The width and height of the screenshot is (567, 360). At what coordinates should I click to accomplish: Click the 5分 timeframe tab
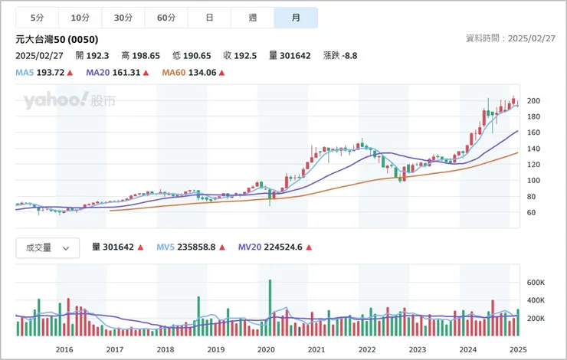37,18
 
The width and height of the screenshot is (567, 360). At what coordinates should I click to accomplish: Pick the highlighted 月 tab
296,18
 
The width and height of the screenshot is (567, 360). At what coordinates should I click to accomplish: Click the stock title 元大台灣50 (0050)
57,39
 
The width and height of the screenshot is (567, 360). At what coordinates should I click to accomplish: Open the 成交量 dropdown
48,247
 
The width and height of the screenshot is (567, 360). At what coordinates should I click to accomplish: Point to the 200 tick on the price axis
533,101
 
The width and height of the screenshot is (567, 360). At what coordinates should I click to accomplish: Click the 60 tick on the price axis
531,212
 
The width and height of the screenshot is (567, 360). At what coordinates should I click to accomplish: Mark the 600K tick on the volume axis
536,282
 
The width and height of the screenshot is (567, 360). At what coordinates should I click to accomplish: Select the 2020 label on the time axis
266,349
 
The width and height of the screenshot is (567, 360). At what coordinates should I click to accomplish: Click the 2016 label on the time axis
64,349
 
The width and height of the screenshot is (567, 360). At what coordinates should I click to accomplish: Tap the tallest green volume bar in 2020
270,307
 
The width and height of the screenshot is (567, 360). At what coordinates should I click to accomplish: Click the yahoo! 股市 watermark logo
69,100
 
